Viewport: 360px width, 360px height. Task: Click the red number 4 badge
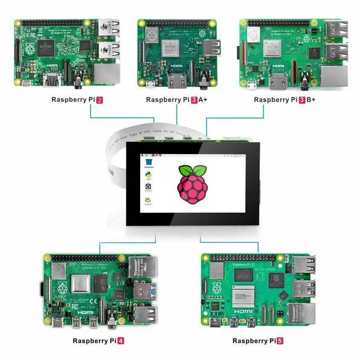pyautogui.click(x=120, y=341)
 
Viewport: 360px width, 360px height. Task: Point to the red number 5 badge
pyautogui.click(x=280, y=341)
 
